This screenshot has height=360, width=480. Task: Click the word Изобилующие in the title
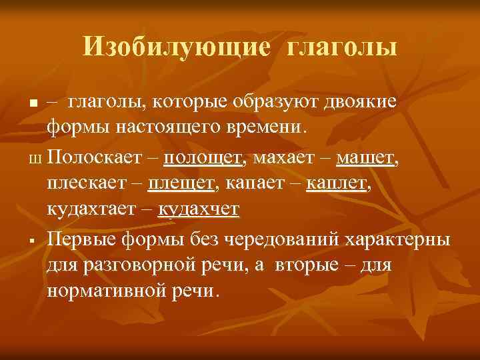177,47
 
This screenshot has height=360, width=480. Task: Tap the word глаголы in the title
343,47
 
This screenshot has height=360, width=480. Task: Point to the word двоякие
360,101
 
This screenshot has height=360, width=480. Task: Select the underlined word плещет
181,183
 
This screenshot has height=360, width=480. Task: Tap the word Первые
79,239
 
